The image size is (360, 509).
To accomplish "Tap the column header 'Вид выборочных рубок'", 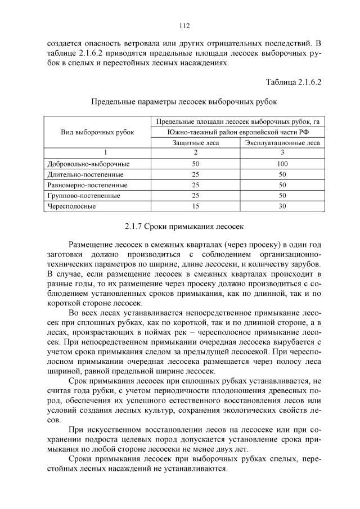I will click(x=97, y=132).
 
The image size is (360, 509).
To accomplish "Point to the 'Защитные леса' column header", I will click(x=196, y=143).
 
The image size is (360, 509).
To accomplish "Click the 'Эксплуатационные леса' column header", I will click(x=282, y=143).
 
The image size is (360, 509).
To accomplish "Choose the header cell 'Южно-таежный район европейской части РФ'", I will click(x=238, y=132).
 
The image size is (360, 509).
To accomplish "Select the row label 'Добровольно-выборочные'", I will click(x=89, y=164).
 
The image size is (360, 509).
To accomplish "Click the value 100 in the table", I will click(x=282, y=164).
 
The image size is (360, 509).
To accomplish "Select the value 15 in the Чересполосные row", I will click(x=196, y=206).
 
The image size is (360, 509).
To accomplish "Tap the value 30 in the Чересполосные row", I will click(x=282, y=206).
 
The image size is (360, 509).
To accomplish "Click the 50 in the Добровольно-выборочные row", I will click(x=196, y=164).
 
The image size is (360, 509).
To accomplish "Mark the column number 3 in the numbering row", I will click(x=282, y=153).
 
